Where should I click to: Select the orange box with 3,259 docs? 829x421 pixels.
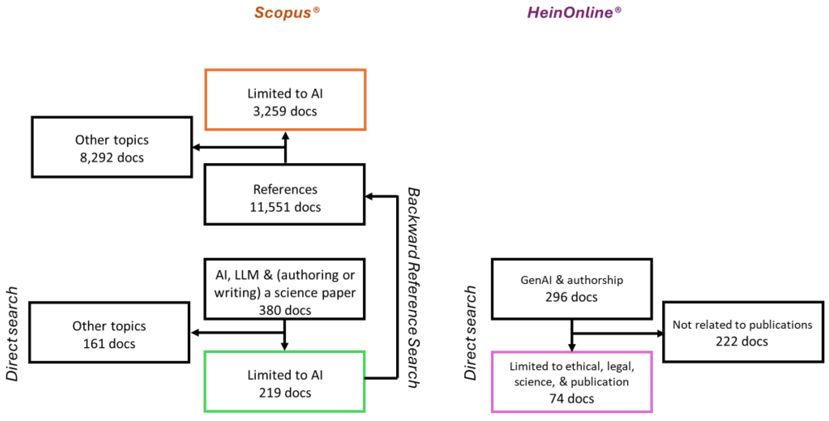click(x=285, y=100)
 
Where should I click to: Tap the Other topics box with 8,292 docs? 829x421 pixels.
click(x=112, y=147)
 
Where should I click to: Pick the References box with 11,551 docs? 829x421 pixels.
click(x=285, y=195)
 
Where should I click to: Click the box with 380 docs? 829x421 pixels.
click(x=285, y=289)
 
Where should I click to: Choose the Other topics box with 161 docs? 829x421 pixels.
click(x=109, y=332)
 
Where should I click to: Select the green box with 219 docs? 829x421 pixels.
click(x=285, y=382)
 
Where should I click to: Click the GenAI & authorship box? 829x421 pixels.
click(x=572, y=289)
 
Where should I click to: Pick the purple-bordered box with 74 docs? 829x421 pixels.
click(x=572, y=382)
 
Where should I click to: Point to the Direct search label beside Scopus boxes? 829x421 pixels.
click(x=12, y=334)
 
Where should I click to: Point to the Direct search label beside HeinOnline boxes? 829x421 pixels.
click(x=470, y=333)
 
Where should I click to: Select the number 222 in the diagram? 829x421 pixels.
click(x=726, y=341)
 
